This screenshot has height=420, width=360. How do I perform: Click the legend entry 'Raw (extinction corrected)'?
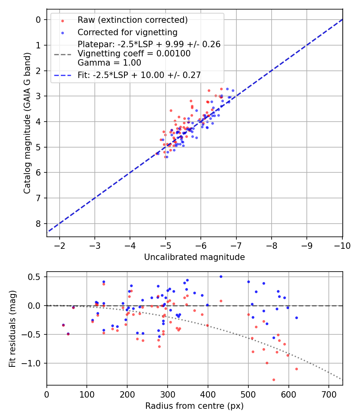pos(132,20)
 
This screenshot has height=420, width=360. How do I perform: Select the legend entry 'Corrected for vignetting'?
pos(127,32)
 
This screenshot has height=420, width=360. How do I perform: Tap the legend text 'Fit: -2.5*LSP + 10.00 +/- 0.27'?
pos(139,75)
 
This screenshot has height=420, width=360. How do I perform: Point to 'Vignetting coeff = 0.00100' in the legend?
pos(134,54)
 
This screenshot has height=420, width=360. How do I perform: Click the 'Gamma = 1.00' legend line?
pos(109,63)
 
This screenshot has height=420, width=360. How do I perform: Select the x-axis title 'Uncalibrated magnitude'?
pos(194,257)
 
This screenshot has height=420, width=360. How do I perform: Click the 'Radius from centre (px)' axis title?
pos(194,406)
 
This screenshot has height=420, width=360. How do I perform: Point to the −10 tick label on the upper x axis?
pos(342,245)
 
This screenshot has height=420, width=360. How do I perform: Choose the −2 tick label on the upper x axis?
pos(60,245)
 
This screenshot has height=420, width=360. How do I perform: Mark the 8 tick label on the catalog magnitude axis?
pos(38,224)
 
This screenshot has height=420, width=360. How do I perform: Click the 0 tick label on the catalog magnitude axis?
pos(38,20)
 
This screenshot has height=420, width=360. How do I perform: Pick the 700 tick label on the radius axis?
pos(328,394)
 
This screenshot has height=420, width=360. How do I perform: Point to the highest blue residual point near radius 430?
pos(221,276)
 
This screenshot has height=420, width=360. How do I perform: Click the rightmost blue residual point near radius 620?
pos(296,318)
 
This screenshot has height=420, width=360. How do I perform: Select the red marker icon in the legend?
pos(62,20)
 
